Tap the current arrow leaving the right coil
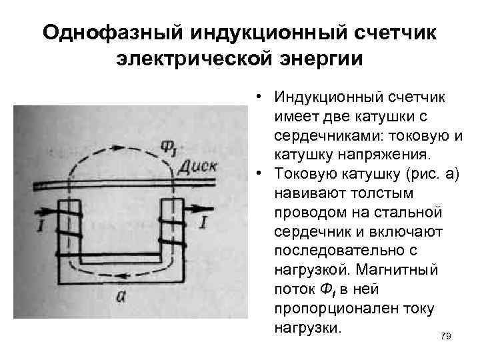(200, 209)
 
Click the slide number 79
(446, 336)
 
